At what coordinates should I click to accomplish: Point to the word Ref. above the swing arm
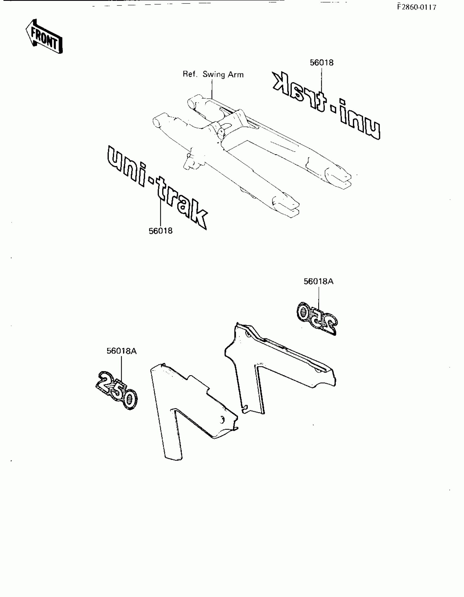tap(190, 74)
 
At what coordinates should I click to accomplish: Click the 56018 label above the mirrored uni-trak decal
tap(321, 63)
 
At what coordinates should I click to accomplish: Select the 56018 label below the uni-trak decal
tap(160, 231)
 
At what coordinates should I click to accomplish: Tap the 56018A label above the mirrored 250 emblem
tap(318, 281)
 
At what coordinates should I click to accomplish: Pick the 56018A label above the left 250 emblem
tap(121, 351)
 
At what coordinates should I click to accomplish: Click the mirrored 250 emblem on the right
tap(317, 318)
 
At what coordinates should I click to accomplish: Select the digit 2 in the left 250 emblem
tap(105, 381)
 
